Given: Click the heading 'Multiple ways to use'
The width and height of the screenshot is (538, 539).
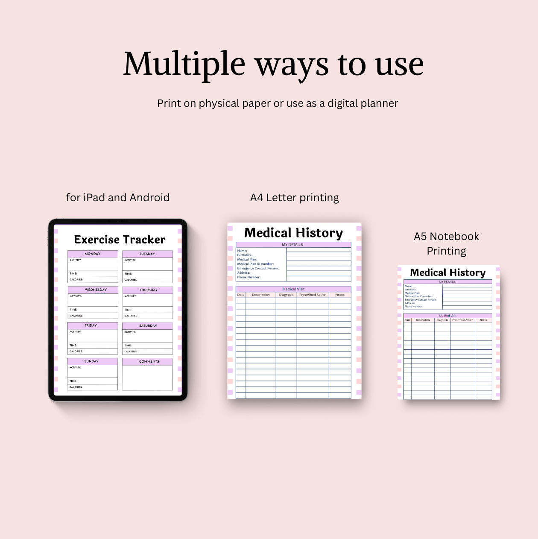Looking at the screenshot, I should click(273, 64).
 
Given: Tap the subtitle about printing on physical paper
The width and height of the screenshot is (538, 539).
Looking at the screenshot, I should click(278, 103).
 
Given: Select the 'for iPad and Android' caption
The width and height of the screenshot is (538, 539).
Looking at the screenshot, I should click(118, 197).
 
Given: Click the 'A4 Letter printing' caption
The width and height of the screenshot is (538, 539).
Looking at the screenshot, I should click(294, 197).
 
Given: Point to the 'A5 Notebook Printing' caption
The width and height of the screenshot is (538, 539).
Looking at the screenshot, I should click(446, 243).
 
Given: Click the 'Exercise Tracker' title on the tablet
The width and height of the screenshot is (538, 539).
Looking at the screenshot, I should click(120, 240).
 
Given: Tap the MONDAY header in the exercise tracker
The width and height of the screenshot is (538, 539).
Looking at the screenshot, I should click(93, 254).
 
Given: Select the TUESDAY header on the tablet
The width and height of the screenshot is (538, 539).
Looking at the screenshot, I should click(147, 254).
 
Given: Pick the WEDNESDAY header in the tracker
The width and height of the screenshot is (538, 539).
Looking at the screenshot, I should click(96, 290).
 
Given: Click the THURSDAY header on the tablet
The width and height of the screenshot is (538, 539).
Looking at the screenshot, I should click(149, 290).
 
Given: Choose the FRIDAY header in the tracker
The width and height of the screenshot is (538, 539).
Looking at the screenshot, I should click(91, 325).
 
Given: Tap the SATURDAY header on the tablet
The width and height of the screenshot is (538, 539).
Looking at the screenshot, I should click(148, 326).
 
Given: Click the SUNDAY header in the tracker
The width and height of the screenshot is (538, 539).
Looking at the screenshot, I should click(91, 361).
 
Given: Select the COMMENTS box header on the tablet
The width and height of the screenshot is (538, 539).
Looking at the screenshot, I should click(149, 361).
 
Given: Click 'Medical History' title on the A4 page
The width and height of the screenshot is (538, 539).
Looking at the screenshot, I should click(293, 233).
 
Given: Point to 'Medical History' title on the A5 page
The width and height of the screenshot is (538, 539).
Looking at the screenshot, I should click(447, 272).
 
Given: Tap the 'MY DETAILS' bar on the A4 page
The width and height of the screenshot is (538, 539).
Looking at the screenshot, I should click(292, 245).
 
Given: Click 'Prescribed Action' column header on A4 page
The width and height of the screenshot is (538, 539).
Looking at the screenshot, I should click(313, 295).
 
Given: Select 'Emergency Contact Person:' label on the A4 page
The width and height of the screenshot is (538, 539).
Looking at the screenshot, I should click(258, 268).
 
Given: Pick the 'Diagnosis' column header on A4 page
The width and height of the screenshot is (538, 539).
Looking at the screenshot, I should click(286, 295).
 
